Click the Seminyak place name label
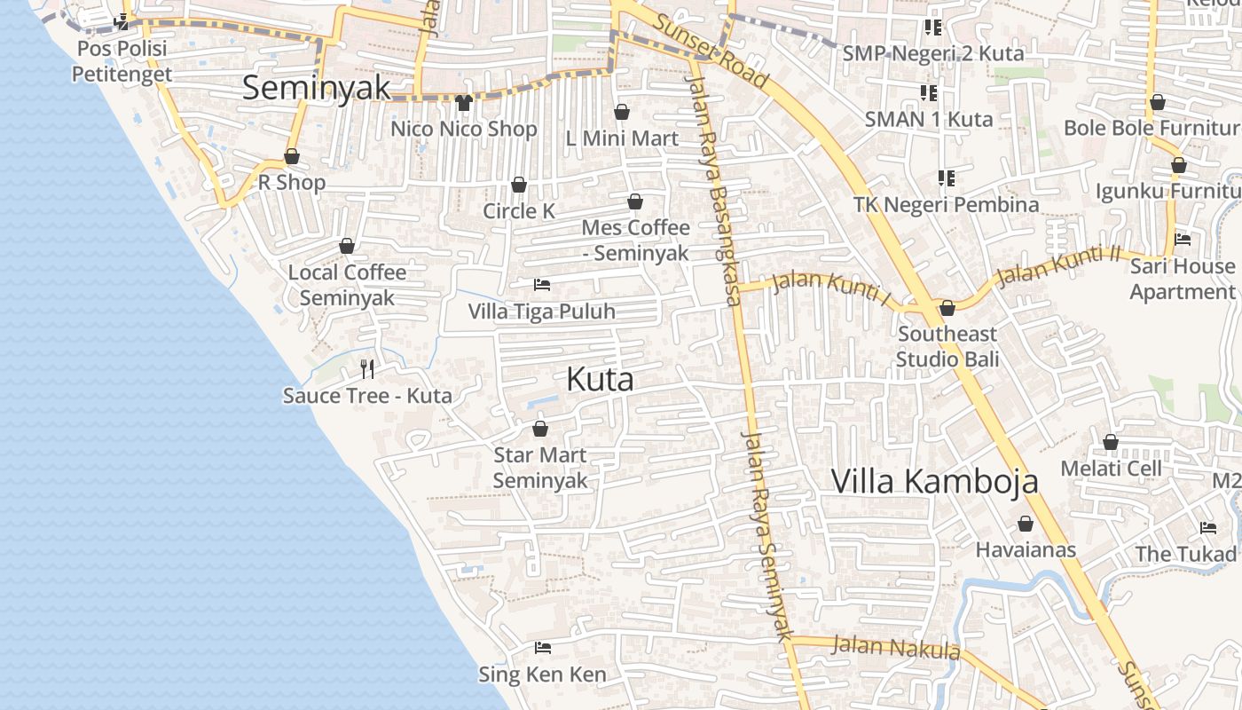[x=316, y=88]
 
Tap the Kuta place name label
[x=600, y=380]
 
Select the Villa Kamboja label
[x=934, y=481]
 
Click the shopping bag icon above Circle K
[x=519, y=185]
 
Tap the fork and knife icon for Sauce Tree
[x=367, y=368]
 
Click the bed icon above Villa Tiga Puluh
[x=542, y=285]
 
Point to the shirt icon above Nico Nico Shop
[x=464, y=103]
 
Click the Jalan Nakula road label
[x=895, y=647]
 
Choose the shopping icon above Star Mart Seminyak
[x=539, y=429]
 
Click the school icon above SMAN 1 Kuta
[x=929, y=92]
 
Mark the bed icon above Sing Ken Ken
[x=543, y=648]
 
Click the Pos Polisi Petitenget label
[x=122, y=60]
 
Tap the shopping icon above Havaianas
[x=1026, y=524]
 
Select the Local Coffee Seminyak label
[x=347, y=284]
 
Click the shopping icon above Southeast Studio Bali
[x=947, y=308]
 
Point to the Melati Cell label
[x=1111, y=468]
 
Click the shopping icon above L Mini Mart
[x=622, y=112]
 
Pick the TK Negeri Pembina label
[x=946, y=204]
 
